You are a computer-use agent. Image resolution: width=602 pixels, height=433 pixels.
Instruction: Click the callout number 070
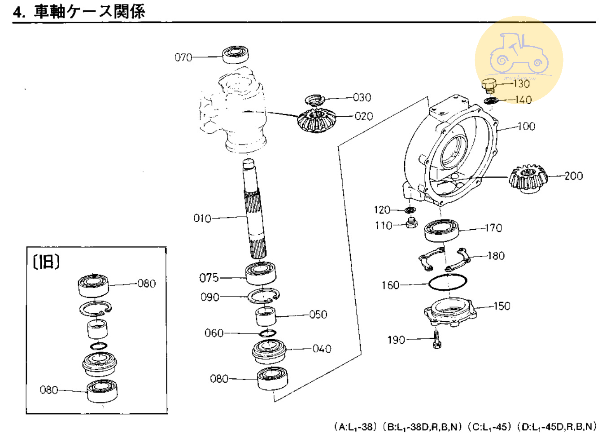click(183, 57)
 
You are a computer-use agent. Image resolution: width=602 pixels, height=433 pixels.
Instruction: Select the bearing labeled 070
click(236, 54)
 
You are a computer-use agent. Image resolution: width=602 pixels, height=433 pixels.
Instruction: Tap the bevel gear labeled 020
click(316, 121)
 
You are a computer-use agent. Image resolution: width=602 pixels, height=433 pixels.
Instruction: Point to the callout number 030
click(362, 97)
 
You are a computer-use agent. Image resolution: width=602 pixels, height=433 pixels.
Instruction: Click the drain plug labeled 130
click(489, 85)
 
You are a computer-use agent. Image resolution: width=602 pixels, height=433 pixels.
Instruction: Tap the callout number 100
click(526, 126)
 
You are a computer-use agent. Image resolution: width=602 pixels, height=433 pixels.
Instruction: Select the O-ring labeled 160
click(448, 283)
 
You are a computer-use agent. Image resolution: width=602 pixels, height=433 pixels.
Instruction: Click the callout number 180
click(496, 256)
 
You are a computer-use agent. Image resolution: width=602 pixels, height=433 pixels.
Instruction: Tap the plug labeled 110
click(411, 223)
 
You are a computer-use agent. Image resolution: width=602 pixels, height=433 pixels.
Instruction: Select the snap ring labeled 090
click(264, 296)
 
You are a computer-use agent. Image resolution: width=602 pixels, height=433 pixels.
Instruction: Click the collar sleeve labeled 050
click(266, 316)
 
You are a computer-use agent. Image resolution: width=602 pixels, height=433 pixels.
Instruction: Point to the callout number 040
click(322, 349)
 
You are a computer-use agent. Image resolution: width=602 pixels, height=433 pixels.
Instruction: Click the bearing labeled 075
click(261, 273)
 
